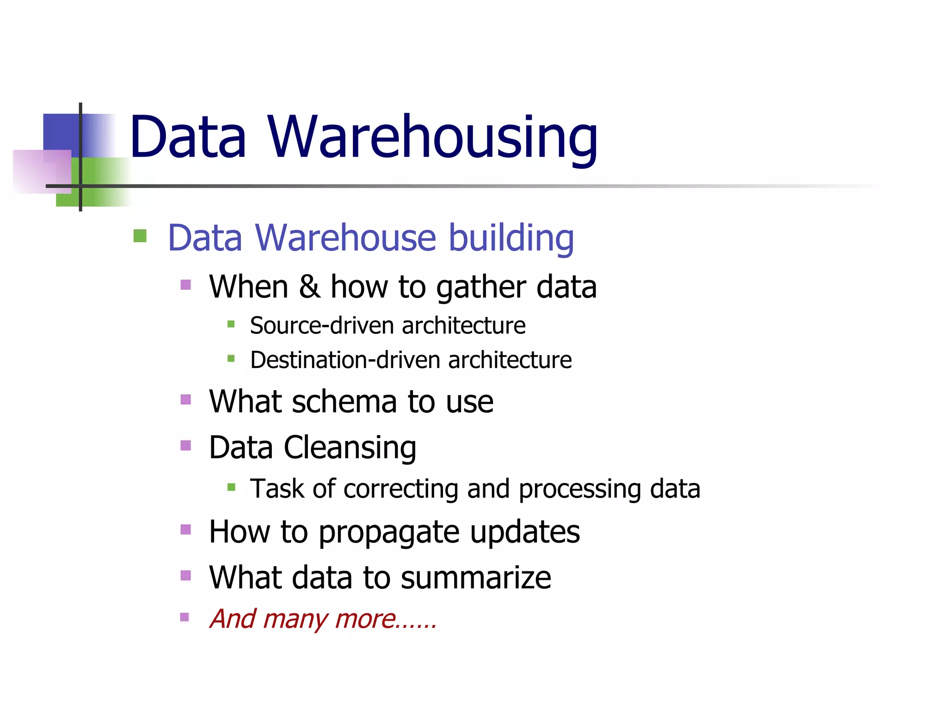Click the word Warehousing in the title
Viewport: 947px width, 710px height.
(432, 137)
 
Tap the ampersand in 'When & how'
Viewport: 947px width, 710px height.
(309, 287)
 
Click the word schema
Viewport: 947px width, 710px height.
(344, 401)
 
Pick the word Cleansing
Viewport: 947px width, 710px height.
(350, 448)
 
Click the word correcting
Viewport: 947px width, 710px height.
(400, 489)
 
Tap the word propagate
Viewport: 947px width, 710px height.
(389, 532)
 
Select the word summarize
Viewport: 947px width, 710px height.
(476, 578)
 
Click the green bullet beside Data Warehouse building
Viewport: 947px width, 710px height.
(140, 236)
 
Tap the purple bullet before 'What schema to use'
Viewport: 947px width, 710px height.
(185, 399)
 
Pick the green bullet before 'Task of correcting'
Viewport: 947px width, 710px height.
(231, 487)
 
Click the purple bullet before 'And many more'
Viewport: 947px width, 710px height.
(184, 617)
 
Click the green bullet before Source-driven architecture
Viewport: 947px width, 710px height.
(231, 324)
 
